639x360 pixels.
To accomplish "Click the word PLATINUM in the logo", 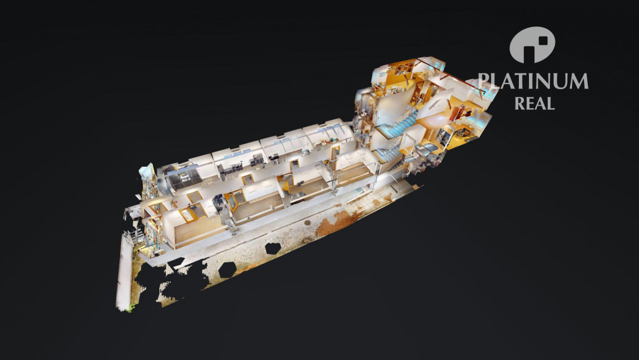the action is tap(533, 81).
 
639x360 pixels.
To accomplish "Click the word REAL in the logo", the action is tap(534, 104).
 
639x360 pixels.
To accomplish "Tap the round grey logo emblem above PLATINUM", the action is tap(532, 45).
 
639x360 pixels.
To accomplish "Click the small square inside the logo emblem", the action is tap(542, 40).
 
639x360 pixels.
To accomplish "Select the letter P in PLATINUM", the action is tap(483, 81).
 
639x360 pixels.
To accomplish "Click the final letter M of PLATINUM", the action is tap(580, 81).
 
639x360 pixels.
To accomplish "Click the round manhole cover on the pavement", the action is tap(307, 223).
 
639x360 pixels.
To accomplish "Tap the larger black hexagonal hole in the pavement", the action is tap(227, 270).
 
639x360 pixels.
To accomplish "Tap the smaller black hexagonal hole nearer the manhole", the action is tap(272, 248).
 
